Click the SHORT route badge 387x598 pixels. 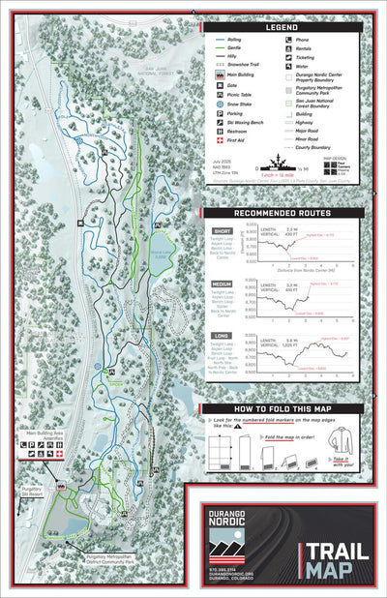[x=222, y=230]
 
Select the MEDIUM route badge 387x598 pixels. [x=223, y=284]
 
